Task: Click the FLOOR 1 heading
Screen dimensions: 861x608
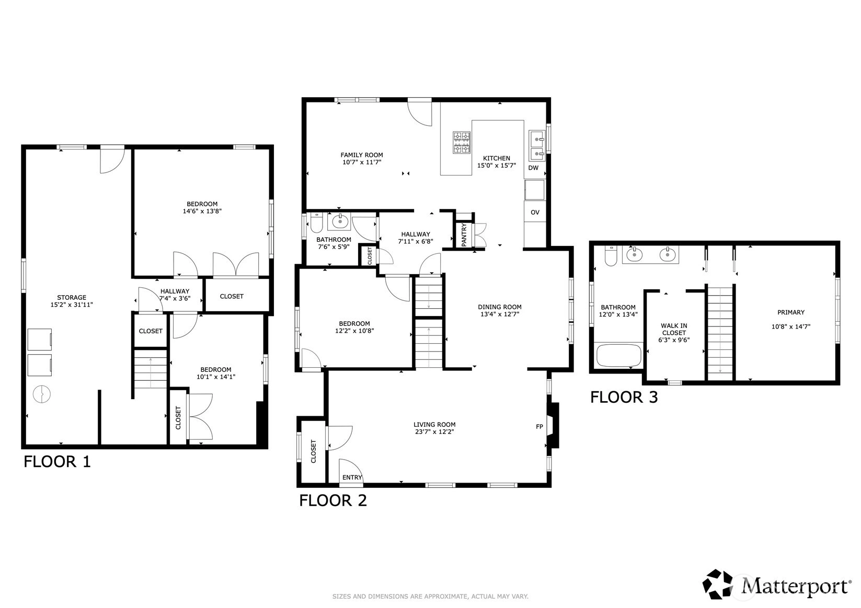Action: click(x=58, y=462)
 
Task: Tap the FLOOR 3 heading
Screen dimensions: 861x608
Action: click(x=624, y=397)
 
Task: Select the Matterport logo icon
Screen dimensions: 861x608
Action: click(x=718, y=584)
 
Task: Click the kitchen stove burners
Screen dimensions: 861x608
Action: click(x=461, y=143)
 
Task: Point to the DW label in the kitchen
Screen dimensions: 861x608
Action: click(x=534, y=168)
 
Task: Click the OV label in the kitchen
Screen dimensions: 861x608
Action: click(x=535, y=213)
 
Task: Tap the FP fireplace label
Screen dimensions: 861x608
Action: click(x=539, y=427)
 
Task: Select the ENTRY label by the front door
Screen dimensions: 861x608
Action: click(x=352, y=477)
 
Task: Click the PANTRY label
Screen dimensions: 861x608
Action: click(x=464, y=235)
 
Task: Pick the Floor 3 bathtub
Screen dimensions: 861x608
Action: click(x=619, y=355)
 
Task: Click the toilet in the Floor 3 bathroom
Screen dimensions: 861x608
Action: click(x=611, y=256)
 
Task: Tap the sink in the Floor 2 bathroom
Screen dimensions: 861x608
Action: click(x=340, y=221)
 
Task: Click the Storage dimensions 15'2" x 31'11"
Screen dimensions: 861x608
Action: click(x=72, y=305)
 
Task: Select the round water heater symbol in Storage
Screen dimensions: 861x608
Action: click(x=41, y=394)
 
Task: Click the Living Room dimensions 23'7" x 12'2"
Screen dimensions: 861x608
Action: click(x=434, y=431)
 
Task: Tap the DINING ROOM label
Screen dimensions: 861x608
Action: click(x=500, y=307)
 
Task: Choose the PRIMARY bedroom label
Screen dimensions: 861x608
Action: click(x=790, y=312)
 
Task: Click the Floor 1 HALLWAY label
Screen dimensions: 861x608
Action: click(x=175, y=291)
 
